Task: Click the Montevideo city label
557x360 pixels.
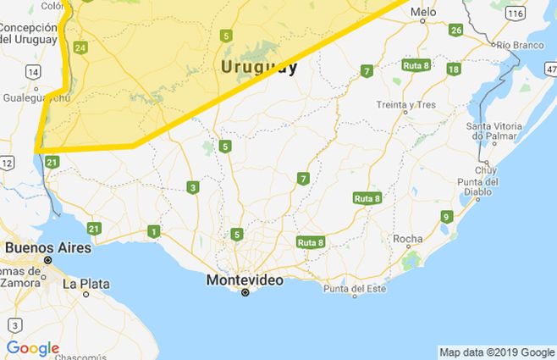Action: [x=245, y=279]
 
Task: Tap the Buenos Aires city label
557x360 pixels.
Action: [x=41, y=247]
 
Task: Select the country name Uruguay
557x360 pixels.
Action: [x=258, y=67]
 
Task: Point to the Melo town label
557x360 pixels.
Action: [x=423, y=13]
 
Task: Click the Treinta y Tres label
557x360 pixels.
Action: [x=405, y=106]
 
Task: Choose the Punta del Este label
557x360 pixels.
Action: [x=354, y=291]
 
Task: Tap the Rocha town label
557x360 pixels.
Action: [x=408, y=239]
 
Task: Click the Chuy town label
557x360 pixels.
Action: [x=486, y=170]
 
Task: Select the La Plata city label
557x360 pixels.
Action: [x=85, y=283]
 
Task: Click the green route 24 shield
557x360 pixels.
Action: [x=80, y=48]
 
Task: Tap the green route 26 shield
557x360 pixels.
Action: [x=455, y=30]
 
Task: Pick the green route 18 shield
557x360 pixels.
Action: [x=454, y=69]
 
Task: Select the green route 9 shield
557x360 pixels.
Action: [x=446, y=217]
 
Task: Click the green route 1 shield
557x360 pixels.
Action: [x=153, y=231]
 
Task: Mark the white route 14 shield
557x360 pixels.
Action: [x=33, y=74]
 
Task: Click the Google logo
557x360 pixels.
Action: [x=33, y=348]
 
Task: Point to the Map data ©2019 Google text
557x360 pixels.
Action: [x=496, y=352]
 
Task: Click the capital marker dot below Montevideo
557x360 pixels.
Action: [x=245, y=292]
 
